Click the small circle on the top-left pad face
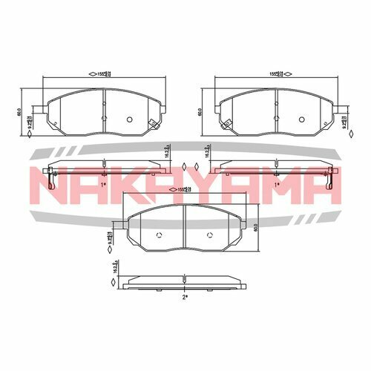tap(130, 119)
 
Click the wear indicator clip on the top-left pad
tap(153, 124)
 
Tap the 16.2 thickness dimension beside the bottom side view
tap(114, 268)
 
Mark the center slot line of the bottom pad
tap(183, 226)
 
